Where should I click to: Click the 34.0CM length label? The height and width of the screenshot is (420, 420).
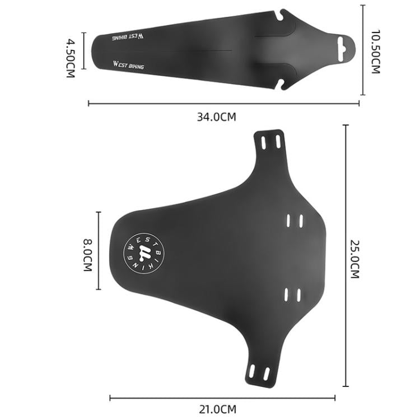(x=216, y=117)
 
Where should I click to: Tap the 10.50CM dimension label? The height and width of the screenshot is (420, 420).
(x=375, y=52)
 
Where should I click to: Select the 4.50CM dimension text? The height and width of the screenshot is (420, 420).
(x=71, y=58)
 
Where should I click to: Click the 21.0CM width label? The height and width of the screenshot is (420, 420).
(x=218, y=409)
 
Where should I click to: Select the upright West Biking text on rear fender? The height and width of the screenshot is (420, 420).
(x=128, y=66)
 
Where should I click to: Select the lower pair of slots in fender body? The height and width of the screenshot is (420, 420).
(x=292, y=293)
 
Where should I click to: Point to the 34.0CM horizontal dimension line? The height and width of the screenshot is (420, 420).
(x=223, y=103)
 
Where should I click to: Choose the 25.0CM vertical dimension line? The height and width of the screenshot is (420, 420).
(x=346, y=255)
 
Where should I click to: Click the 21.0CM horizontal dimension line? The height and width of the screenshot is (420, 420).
(x=222, y=398)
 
